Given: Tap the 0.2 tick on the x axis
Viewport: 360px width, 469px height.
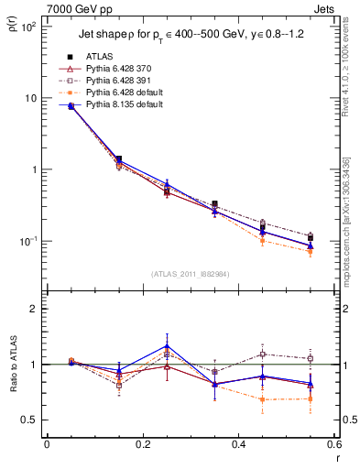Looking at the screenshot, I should (x=142, y=444).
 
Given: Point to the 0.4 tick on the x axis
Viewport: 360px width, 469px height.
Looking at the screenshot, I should (x=238, y=444).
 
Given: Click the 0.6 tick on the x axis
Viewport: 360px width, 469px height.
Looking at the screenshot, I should (x=333, y=444).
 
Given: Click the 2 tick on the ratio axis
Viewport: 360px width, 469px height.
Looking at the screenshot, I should (x=35, y=310).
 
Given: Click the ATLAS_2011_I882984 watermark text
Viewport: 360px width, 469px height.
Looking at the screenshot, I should (x=190, y=274).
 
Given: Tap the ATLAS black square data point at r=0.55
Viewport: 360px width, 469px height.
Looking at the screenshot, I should (x=311, y=237).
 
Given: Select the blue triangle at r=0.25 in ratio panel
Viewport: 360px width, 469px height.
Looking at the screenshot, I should (x=167, y=347).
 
